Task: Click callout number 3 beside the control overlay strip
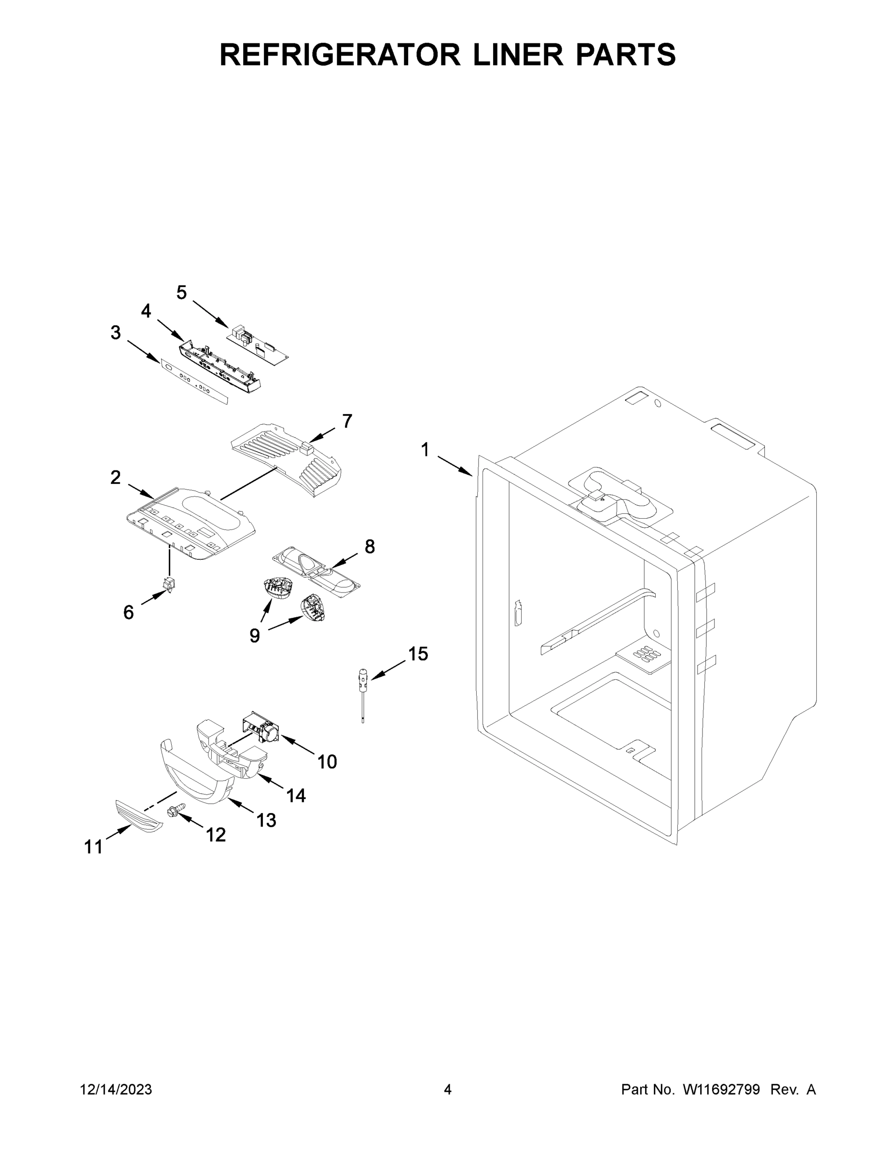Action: coord(115,333)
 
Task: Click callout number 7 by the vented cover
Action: coord(347,421)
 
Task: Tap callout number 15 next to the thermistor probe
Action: coord(418,654)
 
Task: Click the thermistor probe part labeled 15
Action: coord(363,689)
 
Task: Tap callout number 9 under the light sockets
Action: coord(254,634)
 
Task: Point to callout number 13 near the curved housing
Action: coord(266,820)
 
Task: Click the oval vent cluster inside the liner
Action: coord(648,654)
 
